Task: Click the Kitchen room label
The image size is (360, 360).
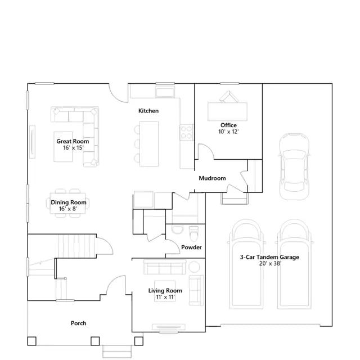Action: click(x=148, y=111)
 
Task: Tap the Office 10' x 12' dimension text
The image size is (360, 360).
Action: click(x=228, y=132)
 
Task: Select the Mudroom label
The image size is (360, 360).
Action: click(x=212, y=178)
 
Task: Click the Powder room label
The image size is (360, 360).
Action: click(x=191, y=247)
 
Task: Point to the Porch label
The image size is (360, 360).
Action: click(x=79, y=323)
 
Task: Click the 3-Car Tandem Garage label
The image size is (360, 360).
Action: click(x=269, y=257)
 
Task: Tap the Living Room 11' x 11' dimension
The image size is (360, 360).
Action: click(x=165, y=297)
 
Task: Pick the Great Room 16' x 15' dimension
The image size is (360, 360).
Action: click(x=73, y=147)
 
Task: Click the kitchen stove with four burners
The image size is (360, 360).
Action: click(x=186, y=132)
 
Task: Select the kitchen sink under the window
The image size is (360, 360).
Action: click(x=165, y=92)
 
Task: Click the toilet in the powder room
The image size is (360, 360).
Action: click(x=193, y=233)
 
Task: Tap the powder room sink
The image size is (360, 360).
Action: click(x=178, y=229)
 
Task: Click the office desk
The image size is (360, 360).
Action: click(x=227, y=111)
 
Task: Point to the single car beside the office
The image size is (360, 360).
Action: click(x=294, y=166)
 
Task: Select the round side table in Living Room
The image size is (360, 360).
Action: click(x=194, y=267)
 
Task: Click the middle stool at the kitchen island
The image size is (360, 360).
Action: click(x=137, y=144)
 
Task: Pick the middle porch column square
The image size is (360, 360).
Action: click(x=95, y=341)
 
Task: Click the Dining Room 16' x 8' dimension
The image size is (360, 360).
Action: click(x=68, y=209)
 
